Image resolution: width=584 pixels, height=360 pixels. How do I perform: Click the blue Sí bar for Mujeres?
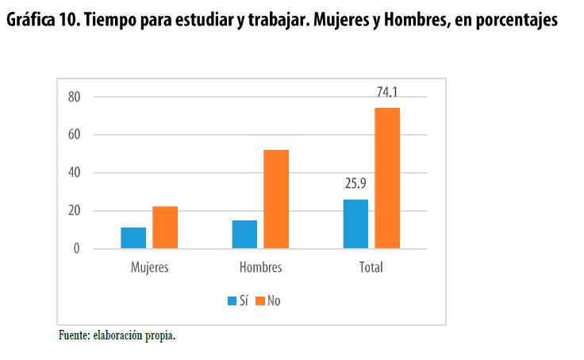click(x=133, y=238)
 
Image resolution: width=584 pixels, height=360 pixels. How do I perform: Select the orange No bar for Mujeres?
click(x=165, y=228)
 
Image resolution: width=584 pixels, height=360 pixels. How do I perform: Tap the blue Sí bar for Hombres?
click(x=244, y=235)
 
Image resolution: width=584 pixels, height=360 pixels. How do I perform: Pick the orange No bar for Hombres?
click(x=276, y=199)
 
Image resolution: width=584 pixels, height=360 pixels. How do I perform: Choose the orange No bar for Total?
click(x=387, y=178)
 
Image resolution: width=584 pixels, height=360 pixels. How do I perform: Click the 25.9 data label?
click(x=355, y=185)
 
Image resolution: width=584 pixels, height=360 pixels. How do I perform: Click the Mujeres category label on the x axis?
click(x=149, y=267)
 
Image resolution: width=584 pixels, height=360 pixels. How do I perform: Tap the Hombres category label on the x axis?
click(x=260, y=267)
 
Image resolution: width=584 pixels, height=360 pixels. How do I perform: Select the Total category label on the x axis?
click(x=371, y=267)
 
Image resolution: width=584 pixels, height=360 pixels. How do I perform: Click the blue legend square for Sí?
click(x=232, y=301)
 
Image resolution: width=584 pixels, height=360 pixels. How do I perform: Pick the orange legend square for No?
click(x=260, y=301)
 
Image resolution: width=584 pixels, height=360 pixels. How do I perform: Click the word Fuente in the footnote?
click(x=74, y=335)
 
